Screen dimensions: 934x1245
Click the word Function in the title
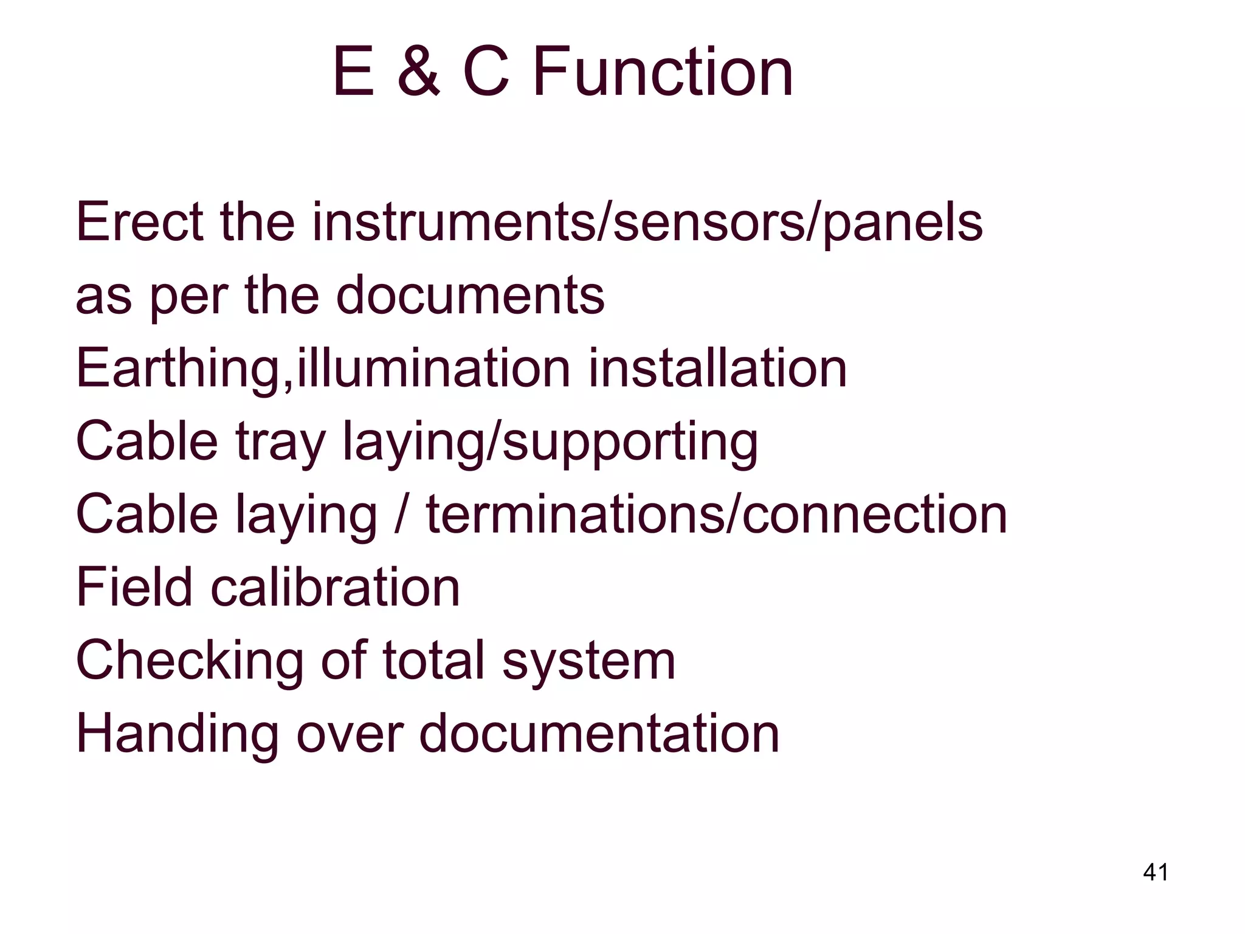(663, 72)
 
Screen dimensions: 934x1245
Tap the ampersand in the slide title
(418, 72)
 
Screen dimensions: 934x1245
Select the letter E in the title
(353, 72)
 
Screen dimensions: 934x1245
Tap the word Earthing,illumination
(323, 368)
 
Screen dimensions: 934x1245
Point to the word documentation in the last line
(599, 733)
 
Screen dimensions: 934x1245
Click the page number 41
(1156, 872)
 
